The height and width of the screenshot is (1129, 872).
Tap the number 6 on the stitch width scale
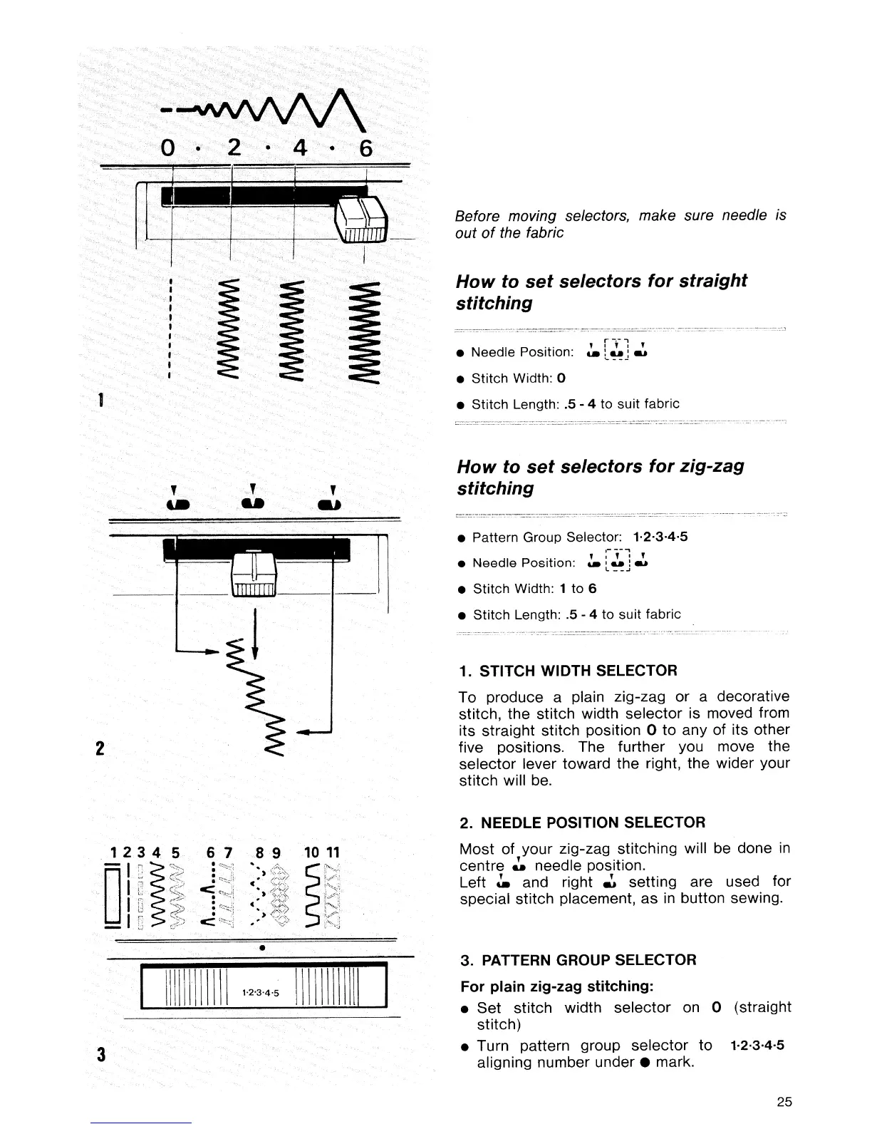click(x=366, y=149)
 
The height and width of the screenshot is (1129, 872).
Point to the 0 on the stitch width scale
click(x=168, y=149)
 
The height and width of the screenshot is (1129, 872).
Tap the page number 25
click(x=784, y=1101)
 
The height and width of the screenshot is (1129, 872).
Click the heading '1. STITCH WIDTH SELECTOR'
click(x=569, y=671)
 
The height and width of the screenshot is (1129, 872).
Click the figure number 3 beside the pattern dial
click(x=102, y=1054)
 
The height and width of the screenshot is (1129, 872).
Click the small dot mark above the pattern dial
click(x=263, y=947)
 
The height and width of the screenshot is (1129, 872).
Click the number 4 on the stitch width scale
click(x=299, y=149)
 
